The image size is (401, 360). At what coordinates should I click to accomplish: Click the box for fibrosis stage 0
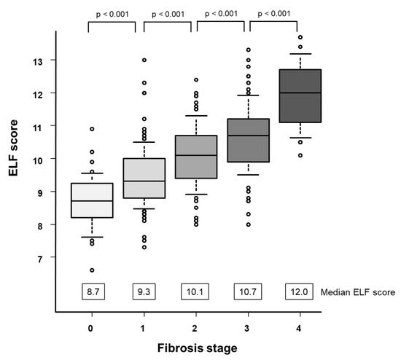pos(92,200)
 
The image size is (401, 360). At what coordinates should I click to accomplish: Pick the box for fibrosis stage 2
pos(196,157)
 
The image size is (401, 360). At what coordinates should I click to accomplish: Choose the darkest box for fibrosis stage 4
pos(300,95)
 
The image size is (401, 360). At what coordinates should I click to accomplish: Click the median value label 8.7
pos(93,291)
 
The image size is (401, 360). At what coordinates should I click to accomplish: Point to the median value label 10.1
pos(196,291)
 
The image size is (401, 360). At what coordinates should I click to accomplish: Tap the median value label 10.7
pos(249,291)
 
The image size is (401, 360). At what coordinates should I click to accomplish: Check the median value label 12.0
pos(300,291)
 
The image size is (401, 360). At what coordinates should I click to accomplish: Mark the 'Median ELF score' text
pos(358,291)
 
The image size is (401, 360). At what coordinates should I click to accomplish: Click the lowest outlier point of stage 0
pos(92,270)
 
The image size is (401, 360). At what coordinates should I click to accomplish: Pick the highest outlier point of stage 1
pos(144,60)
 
